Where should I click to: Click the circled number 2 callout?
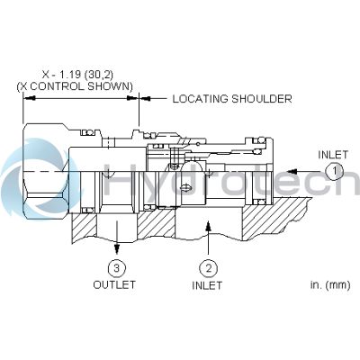(208, 267)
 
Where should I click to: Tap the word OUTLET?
(115, 285)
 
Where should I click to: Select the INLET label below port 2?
(208, 285)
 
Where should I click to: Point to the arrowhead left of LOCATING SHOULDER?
(144, 99)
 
